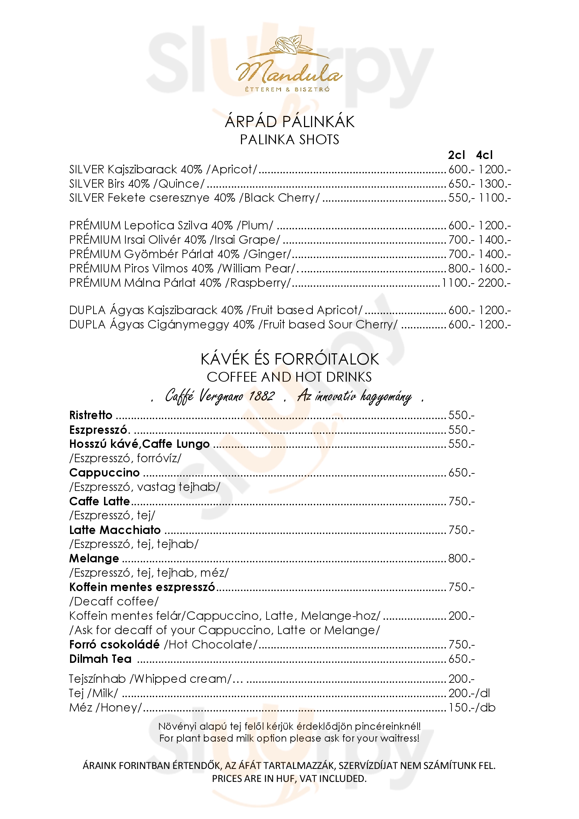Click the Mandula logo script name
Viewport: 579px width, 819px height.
289,73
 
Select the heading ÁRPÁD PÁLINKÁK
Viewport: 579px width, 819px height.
289,122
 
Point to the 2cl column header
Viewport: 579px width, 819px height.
456,155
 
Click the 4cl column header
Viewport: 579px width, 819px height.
484,155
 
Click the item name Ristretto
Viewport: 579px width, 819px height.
91,415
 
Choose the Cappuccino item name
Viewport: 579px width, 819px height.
104,473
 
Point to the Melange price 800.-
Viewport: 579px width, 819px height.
461,558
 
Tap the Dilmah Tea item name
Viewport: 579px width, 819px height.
100,659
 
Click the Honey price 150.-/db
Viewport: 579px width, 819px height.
471,708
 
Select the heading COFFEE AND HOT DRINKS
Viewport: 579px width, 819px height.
289,377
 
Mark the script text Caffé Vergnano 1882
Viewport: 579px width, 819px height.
220,396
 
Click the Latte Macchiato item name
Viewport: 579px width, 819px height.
115,530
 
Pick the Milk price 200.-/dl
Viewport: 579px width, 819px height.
469,693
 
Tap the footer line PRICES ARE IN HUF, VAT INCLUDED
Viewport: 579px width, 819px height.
289,778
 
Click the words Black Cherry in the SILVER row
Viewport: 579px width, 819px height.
279,197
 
